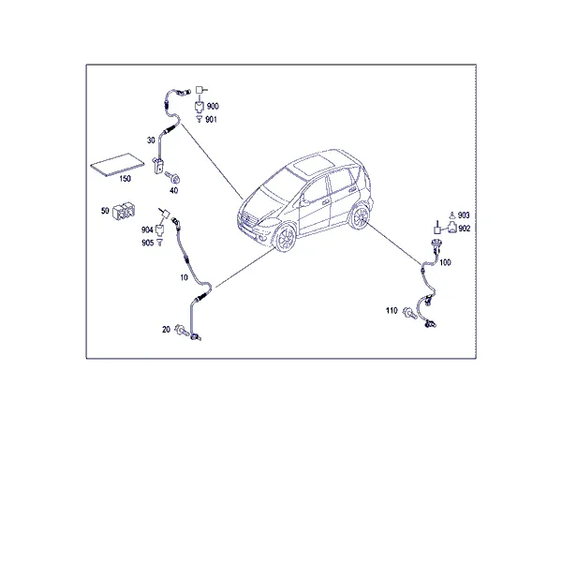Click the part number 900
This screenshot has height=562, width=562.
point(213,106)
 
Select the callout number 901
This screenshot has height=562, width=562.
point(211,119)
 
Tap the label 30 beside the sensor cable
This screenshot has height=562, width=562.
point(151,140)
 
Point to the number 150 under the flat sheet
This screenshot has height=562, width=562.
point(126,179)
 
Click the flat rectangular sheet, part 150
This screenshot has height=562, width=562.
point(118,165)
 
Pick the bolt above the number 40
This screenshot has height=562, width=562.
point(172,177)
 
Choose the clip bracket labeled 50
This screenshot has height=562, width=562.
point(124,211)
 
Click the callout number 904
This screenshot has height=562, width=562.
point(147,229)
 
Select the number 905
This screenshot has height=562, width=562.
point(147,243)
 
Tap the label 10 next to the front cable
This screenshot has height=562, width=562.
point(184,277)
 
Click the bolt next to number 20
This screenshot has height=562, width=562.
point(181,330)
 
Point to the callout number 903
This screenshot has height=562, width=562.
point(464,215)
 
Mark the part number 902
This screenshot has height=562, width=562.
point(465,229)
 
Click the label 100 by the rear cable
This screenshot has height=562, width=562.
point(445,262)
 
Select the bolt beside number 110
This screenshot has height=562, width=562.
point(409,313)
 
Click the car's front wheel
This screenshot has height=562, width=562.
point(286,238)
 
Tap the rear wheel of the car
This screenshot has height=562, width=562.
point(360,216)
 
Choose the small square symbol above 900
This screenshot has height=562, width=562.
point(200,90)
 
